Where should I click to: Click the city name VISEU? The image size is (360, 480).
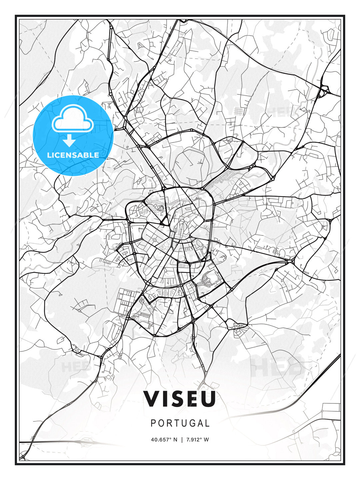pos(180,399)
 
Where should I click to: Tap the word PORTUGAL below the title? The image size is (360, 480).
pos(180,423)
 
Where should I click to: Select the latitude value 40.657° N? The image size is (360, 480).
pos(164,440)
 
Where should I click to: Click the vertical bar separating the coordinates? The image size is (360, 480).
pos(182,440)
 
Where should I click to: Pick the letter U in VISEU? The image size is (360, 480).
pos(208,399)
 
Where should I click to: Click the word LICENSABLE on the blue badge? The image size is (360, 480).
pos(73,155)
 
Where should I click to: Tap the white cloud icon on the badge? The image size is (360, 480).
pos(72,118)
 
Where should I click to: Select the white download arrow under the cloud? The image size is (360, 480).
pos(69,141)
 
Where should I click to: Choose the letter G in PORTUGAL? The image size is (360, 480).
pos(188,423)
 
